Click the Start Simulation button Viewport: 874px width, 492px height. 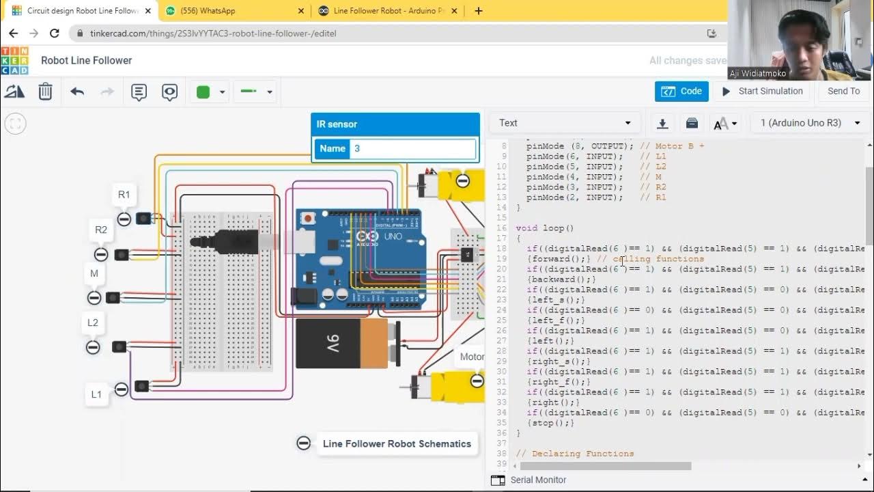point(762,91)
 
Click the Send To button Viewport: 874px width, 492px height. point(843,91)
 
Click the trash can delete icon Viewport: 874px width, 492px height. point(45,92)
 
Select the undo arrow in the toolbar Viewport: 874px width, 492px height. point(77,92)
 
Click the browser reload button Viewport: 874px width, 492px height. point(55,33)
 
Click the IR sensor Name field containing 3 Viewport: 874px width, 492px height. point(412,148)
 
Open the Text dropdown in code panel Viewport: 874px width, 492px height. point(564,123)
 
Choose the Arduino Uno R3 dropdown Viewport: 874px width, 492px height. point(810,123)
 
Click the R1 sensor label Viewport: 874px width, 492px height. point(124,195)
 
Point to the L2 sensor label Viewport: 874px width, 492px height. point(93,323)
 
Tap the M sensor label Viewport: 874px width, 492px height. point(94,273)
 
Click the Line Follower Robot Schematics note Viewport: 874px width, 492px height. point(396,443)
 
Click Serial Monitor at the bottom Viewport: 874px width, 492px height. point(537,480)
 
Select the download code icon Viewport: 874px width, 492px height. point(662,123)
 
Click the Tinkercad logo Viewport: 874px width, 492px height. point(14,60)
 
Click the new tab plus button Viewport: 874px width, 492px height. point(479,11)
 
